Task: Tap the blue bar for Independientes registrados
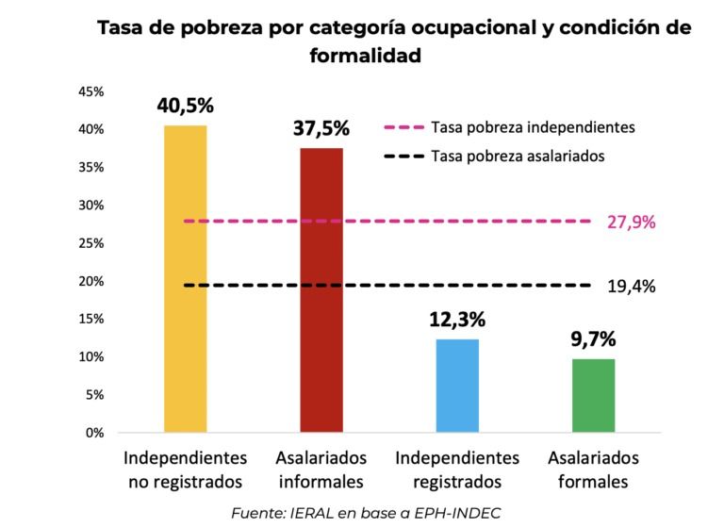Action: pos(457,386)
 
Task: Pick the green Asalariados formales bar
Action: pos(593,396)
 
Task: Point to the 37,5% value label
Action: pos(321,128)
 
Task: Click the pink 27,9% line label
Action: pos(631,223)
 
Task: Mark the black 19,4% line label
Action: pos(631,285)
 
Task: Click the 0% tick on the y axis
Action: pos(94,434)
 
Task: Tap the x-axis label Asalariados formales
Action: pos(593,470)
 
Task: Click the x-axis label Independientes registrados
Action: pos(457,470)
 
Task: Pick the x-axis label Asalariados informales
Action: pos(321,470)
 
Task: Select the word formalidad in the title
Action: pos(364,56)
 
